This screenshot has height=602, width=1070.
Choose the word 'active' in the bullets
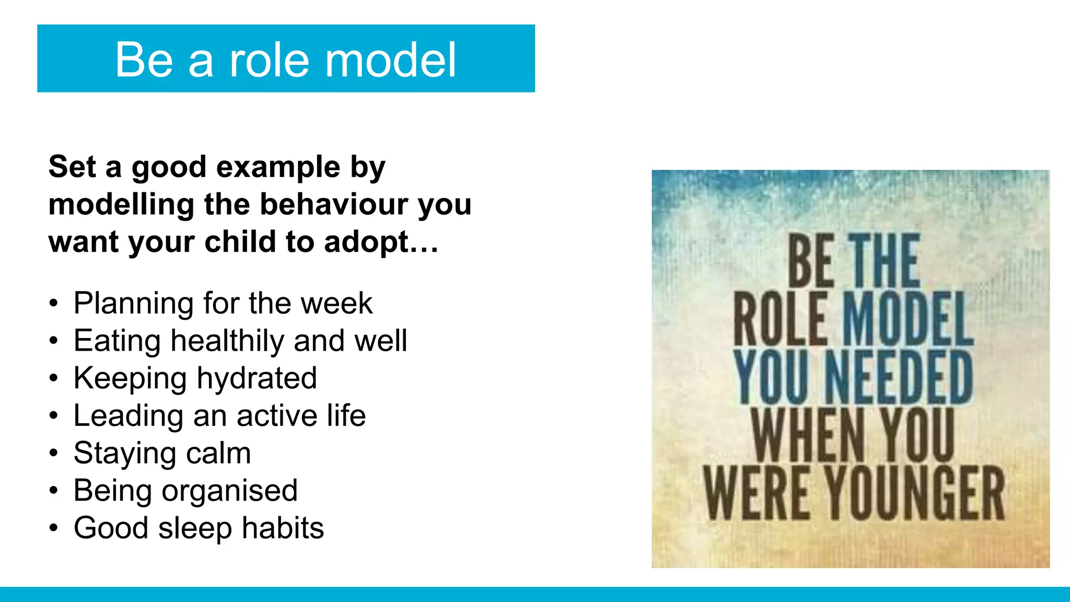[x=277, y=416]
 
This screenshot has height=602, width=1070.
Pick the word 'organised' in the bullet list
[x=229, y=491]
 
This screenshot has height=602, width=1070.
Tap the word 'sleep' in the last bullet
[x=195, y=528]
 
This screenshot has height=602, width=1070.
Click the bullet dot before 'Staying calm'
[x=54, y=454]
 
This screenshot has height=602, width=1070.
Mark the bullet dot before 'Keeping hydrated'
[x=54, y=379]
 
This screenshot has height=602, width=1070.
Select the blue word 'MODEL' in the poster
[x=908, y=319]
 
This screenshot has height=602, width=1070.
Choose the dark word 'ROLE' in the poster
[x=781, y=319]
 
